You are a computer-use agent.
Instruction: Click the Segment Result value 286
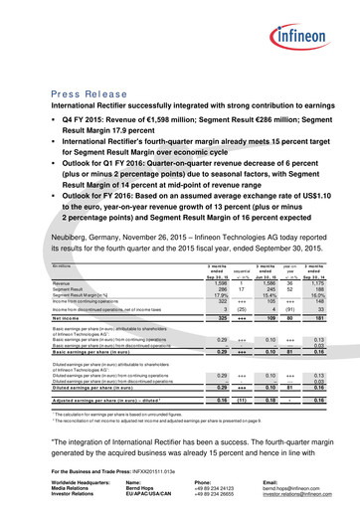click(197, 289)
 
